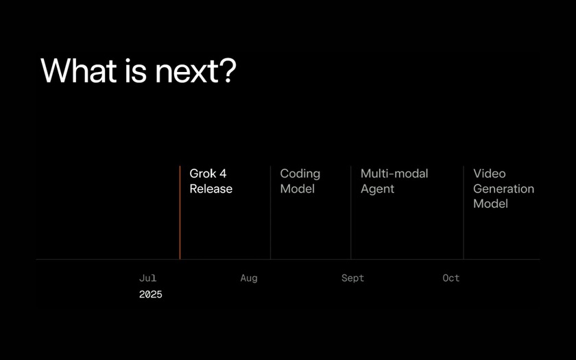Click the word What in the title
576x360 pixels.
point(79,70)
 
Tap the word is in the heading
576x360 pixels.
point(136,70)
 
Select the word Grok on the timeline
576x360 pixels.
point(203,173)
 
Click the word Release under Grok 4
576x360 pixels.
point(211,189)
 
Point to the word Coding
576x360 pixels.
point(300,174)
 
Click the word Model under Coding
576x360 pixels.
point(297,189)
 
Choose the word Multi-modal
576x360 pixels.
point(394,173)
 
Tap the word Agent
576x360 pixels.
point(377,189)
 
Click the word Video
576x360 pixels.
point(490,173)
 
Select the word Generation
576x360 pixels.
point(503,189)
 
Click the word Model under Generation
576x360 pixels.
point(490,204)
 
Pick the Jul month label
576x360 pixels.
point(147,278)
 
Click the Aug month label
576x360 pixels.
point(249,278)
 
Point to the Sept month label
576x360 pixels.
point(352,278)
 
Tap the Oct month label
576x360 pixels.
point(451,278)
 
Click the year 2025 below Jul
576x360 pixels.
point(151,294)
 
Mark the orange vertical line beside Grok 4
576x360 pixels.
point(180,213)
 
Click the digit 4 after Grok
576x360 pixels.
point(223,173)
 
